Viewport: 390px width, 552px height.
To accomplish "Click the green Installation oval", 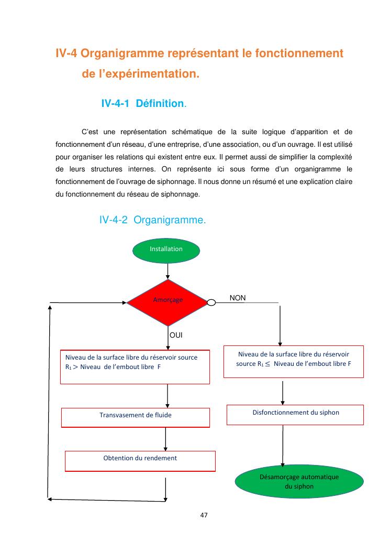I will (x=166, y=250).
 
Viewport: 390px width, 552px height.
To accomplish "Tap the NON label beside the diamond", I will (x=238, y=298).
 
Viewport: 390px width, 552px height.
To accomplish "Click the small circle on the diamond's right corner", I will (x=211, y=302).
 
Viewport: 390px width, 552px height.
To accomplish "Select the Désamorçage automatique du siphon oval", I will (x=299, y=481).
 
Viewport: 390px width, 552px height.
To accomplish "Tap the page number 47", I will (x=204, y=516).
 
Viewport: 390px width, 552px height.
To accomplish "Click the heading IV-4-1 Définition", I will (x=143, y=104).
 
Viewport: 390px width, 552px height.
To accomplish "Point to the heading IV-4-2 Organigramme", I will (x=152, y=221).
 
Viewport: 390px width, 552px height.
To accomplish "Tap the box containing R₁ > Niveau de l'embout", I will (x=136, y=367).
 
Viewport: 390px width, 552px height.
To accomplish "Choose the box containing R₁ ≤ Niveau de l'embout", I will (x=293, y=361).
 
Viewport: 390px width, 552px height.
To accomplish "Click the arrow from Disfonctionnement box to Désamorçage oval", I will (x=283, y=446).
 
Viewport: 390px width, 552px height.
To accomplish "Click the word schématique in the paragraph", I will (x=192, y=131).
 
